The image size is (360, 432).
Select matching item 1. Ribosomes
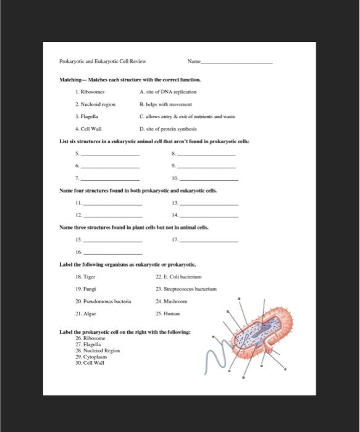(x=90, y=91)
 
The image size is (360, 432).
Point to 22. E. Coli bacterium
(x=180, y=278)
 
